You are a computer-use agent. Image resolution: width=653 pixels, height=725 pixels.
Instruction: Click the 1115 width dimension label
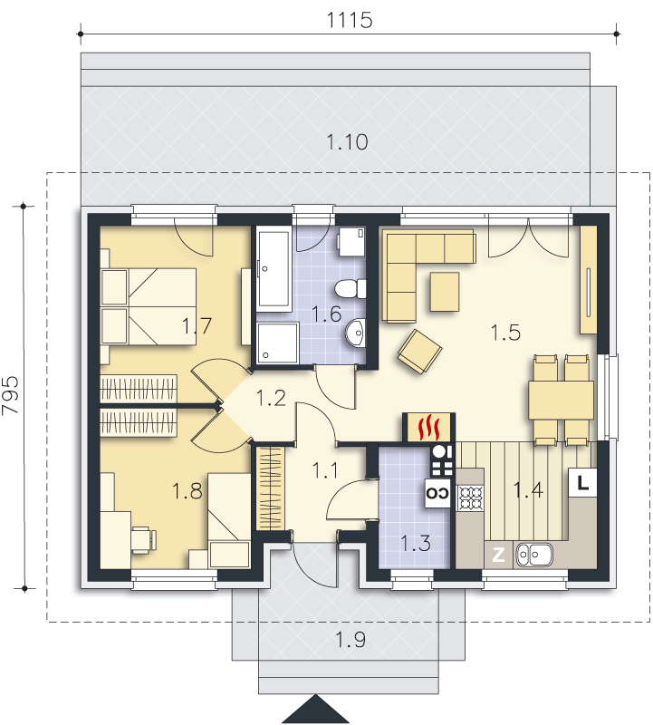point(350,20)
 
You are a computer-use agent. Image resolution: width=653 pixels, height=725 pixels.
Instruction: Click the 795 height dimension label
point(11,394)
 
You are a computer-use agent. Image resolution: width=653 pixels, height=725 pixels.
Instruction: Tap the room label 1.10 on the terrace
point(347,142)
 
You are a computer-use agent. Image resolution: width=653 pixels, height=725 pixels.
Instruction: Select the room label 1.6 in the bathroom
point(326,314)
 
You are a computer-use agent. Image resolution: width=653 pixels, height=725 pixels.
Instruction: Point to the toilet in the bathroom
point(351,289)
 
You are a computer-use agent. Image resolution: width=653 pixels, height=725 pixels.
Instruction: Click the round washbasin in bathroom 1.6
point(355,332)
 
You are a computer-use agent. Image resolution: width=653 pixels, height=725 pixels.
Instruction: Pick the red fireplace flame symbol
point(428,428)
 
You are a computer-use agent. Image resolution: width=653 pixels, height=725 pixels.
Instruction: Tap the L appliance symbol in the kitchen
point(582,483)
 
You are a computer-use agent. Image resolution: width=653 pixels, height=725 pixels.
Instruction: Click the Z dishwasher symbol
point(498,555)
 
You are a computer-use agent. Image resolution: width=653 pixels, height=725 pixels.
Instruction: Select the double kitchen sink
point(534,555)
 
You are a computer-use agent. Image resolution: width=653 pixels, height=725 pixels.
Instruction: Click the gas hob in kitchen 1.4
point(470,498)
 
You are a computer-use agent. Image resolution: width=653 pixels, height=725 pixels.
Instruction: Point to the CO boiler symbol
point(437,493)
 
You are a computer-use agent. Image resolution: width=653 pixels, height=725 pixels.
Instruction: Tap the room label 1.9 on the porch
point(350,640)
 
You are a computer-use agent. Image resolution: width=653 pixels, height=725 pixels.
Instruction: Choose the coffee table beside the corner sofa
point(445,292)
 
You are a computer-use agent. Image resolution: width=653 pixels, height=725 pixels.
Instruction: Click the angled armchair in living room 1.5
point(419,352)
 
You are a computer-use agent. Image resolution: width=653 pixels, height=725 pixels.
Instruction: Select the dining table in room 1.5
point(562,400)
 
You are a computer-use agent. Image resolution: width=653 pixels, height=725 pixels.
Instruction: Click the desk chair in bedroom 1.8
point(144,539)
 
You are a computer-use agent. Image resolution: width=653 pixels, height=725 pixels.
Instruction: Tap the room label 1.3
point(415,543)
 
